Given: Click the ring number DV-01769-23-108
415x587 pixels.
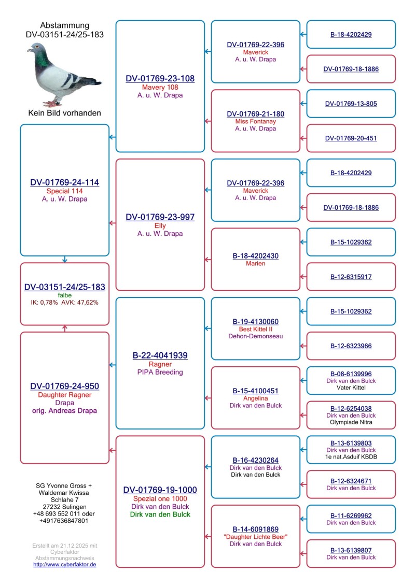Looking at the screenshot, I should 160,79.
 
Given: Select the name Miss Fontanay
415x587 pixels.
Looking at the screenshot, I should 255,121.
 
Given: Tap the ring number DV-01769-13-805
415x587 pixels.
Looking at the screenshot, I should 351,104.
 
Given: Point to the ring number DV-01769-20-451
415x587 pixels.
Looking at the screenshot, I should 351,138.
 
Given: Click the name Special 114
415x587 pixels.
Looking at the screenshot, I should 64,191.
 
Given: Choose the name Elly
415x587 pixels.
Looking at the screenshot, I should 160,225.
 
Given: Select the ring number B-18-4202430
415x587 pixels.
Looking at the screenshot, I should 255,256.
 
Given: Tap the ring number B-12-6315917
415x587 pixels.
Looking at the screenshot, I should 351,277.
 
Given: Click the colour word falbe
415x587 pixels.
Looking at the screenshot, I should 64,295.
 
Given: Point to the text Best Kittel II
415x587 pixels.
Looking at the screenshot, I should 255,329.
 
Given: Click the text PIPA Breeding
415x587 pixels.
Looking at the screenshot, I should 160,372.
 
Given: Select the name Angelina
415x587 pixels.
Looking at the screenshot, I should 255,398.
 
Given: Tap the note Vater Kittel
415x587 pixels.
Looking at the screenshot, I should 351,388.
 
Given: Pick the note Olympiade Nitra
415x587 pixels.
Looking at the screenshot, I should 351,422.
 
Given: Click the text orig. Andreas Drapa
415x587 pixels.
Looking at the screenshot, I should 64,411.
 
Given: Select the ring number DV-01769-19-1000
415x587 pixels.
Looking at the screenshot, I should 160,490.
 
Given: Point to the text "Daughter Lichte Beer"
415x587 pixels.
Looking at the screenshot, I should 255,537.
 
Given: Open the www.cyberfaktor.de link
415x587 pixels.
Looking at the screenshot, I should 64,564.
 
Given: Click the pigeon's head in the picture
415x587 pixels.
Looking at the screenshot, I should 37,50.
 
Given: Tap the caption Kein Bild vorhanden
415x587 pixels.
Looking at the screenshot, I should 64,112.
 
